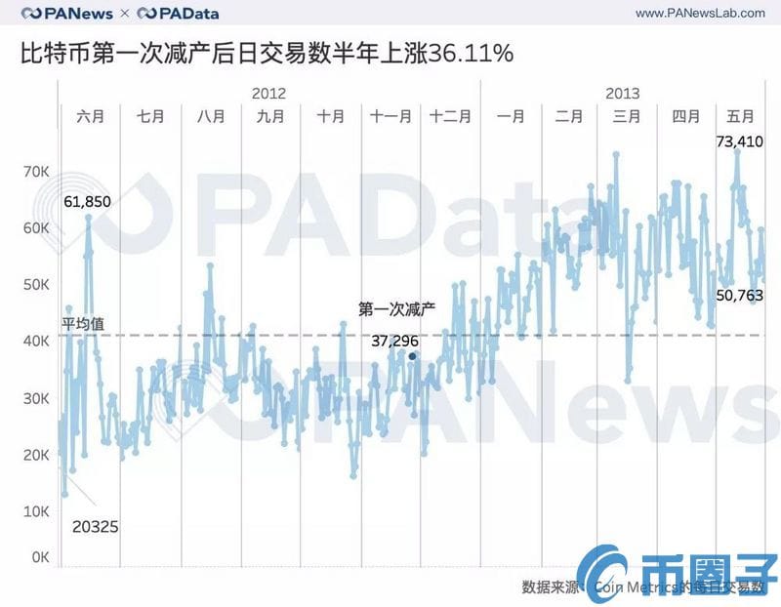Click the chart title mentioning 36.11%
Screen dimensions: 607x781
(x=267, y=54)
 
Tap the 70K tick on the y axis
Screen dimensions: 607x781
(x=36, y=172)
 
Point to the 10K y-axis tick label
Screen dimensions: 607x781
(x=36, y=511)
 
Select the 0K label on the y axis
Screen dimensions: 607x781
(x=39, y=557)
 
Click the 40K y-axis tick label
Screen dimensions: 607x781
(x=36, y=342)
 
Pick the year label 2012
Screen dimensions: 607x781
(x=268, y=94)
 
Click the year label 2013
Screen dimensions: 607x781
(x=622, y=94)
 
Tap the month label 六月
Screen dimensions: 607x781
(x=90, y=116)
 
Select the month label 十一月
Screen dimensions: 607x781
(x=390, y=116)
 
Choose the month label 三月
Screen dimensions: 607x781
(x=627, y=116)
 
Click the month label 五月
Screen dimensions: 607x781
(x=739, y=116)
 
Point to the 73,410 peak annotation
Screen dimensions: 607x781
(x=739, y=142)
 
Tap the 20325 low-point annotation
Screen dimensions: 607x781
(x=96, y=527)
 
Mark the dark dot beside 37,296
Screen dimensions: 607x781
(x=412, y=356)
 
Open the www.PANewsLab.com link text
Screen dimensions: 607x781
(x=699, y=13)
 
